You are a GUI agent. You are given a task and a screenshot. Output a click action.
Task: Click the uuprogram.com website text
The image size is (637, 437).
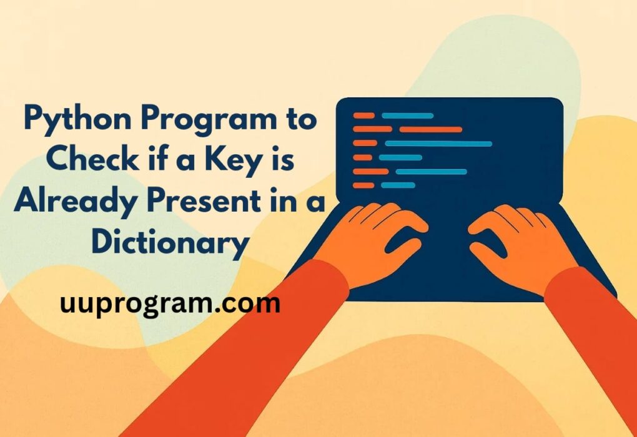[x=170, y=304]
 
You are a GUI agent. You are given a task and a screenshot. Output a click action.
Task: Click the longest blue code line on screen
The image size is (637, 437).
[x=438, y=144]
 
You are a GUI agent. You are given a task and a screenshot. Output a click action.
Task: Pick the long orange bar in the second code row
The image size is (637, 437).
[x=430, y=129]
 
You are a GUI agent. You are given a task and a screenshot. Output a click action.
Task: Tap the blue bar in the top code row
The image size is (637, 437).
[x=407, y=115]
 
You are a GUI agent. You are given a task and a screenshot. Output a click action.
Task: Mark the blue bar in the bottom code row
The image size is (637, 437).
[x=398, y=185]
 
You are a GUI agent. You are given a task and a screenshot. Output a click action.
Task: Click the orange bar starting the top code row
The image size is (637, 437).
[x=363, y=115]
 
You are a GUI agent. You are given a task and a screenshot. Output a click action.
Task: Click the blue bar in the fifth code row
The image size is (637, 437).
[x=431, y=171]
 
